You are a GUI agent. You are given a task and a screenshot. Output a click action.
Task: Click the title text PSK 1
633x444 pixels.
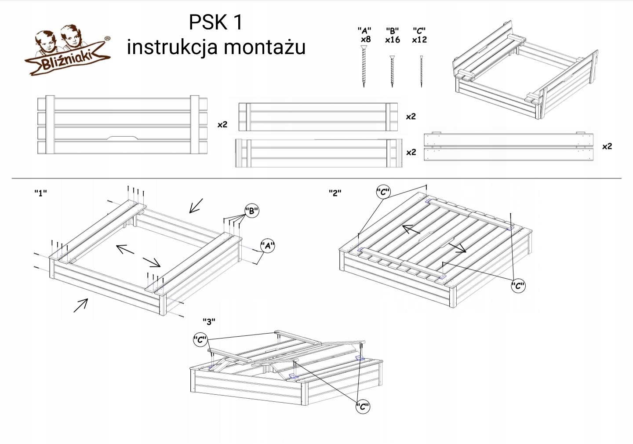215,22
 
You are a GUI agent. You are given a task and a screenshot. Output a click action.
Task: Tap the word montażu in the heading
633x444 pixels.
269,47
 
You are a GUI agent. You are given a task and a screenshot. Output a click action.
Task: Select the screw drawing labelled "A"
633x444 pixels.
364,66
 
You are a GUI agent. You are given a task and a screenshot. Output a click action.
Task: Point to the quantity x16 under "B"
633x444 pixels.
392,40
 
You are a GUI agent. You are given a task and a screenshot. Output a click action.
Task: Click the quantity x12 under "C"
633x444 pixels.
419,40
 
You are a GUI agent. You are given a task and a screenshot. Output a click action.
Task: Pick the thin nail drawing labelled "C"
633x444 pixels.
421,70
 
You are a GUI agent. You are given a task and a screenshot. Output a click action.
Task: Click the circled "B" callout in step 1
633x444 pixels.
251,211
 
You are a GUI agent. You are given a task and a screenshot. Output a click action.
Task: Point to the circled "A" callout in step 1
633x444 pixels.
267,246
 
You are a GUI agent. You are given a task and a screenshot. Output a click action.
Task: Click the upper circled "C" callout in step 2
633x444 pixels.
383,192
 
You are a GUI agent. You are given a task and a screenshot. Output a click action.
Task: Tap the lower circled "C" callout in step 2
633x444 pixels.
518,286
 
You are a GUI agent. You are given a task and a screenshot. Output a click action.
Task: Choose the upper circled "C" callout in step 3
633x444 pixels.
200,339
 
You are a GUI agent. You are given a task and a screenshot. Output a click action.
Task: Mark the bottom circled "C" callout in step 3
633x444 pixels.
363,407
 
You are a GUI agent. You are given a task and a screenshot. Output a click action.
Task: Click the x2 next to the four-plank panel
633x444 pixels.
223,124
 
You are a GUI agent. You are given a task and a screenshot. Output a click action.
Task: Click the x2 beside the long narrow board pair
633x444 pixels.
607,146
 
